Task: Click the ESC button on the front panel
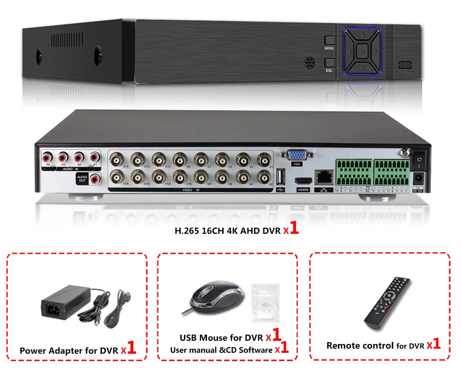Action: coord(329,63)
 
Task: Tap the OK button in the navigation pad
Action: coord(362,51)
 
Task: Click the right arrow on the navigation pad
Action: coord(376,51)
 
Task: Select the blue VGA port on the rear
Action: coord(296,156)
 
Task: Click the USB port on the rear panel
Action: coord(282,177)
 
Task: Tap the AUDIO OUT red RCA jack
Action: coord(96,179)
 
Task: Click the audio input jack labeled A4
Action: coord(46,157)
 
